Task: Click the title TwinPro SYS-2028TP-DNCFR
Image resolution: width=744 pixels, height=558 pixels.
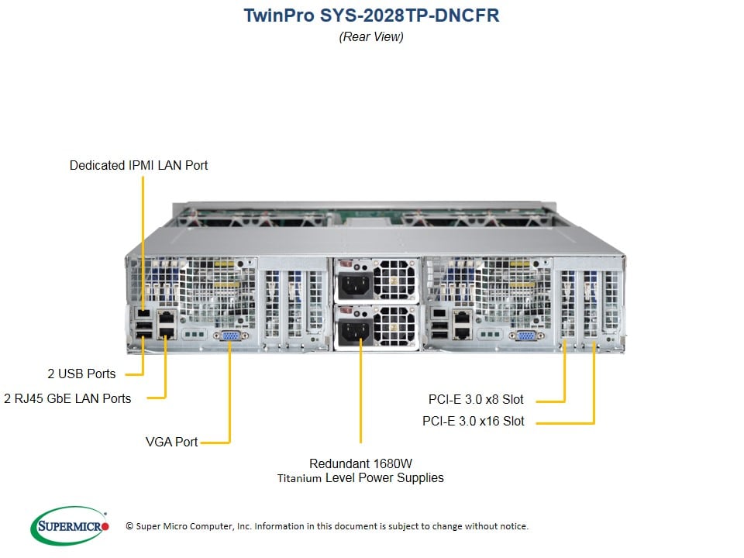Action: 371,15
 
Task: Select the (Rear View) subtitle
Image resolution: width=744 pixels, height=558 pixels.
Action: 371,36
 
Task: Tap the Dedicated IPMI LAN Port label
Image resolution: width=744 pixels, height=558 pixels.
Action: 139,165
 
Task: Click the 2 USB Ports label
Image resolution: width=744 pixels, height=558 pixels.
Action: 81,374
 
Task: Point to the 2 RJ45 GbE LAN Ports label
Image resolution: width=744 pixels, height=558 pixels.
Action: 67,398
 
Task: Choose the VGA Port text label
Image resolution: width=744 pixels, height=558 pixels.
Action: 172,442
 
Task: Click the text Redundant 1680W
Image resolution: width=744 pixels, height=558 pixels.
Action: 360,463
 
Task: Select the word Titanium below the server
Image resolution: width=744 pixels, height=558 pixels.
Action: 299,478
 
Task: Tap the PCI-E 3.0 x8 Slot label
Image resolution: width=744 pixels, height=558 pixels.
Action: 476,400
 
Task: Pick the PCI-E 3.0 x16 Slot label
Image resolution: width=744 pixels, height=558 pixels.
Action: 473,422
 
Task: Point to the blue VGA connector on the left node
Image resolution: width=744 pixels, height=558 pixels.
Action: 230,336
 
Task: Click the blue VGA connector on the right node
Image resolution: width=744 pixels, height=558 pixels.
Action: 525,336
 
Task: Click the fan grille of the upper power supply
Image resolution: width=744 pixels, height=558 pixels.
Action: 395,279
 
